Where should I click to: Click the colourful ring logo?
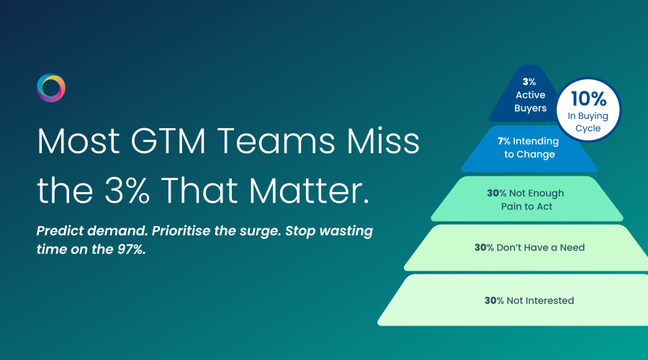coord(50,88)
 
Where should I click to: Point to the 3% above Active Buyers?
coord(529,82)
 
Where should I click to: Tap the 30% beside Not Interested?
coord(494,300)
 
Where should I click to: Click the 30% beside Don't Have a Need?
coord(484,248)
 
